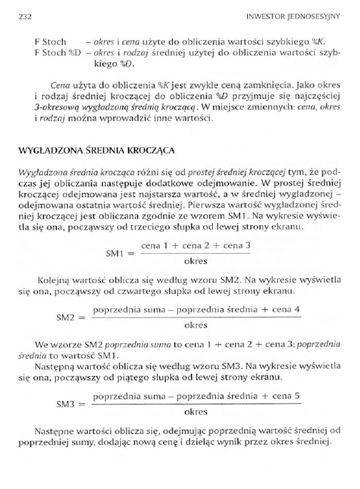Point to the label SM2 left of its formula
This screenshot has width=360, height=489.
(x=68, y=317)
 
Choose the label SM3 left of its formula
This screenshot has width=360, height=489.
(x=68, y=404)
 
